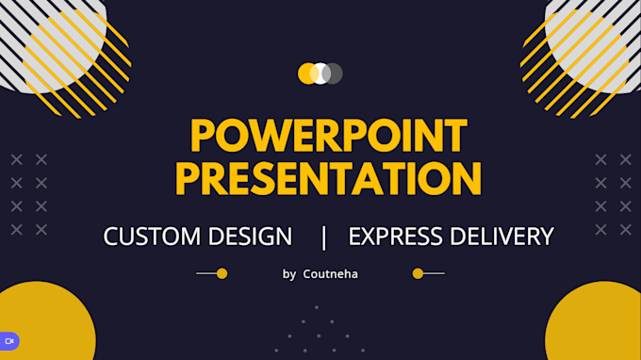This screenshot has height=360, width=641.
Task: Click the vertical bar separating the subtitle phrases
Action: pos(324,237)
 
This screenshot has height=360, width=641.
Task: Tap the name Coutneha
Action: pos(330,274)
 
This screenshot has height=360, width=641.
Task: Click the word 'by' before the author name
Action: pos(289,274)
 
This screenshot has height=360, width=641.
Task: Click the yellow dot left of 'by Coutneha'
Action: pos(222,273)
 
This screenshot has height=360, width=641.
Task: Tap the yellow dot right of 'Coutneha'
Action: pos(418,273)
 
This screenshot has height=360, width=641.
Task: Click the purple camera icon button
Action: pos(9,340)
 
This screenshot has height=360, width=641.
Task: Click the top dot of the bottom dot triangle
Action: pos(317,307)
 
